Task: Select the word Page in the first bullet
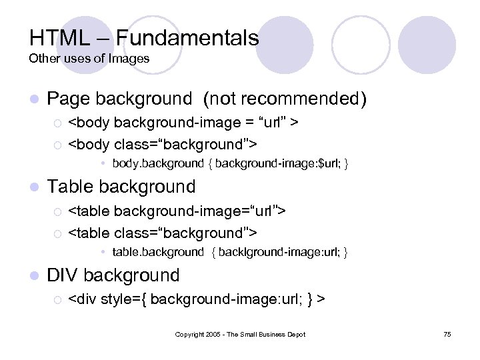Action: [69, 99]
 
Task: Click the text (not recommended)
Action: [285, 99]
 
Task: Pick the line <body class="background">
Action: [163, 144]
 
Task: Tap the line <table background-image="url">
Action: [177, 211]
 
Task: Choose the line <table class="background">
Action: [163, 233]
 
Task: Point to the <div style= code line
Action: [197, 299]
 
